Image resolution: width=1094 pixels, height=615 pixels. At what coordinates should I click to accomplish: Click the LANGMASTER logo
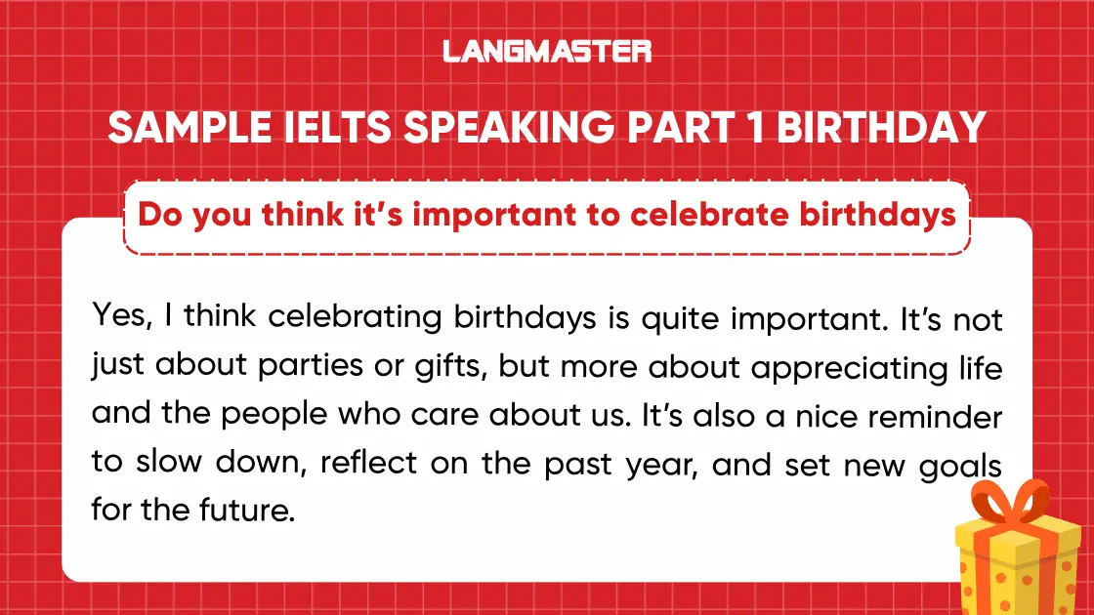(547, 50)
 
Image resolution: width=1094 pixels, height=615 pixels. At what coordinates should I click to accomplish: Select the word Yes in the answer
(116, 318)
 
